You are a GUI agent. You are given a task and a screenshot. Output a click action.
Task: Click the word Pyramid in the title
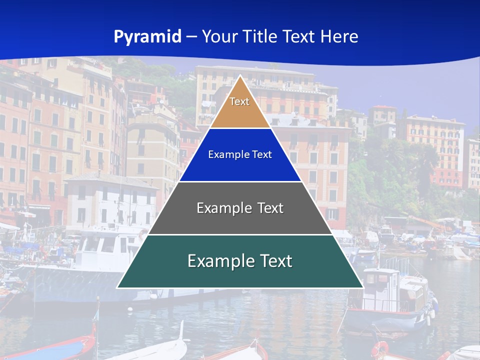(147, 37)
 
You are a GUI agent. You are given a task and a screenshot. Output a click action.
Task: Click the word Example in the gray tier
(221, 208)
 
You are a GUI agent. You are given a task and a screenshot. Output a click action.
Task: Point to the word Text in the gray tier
(270, 208)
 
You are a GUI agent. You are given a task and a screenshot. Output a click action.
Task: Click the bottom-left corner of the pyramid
(117, 288)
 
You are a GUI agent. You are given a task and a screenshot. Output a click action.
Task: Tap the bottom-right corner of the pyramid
(363, 288)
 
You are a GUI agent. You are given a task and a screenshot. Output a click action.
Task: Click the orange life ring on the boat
(380, 349)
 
